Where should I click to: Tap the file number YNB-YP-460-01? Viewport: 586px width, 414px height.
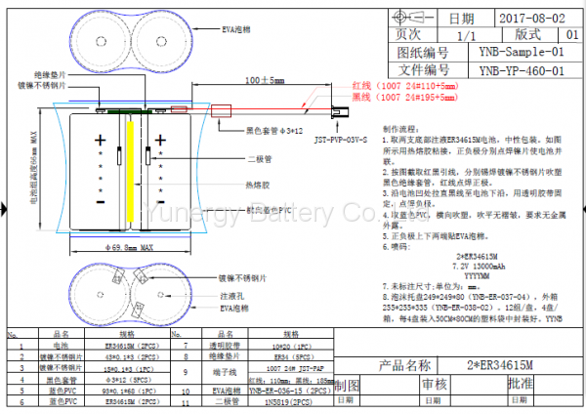[x=527, y=70]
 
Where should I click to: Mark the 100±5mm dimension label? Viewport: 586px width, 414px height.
[x=259, y=79]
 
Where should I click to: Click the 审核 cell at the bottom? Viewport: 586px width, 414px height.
[x=433, y=386]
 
